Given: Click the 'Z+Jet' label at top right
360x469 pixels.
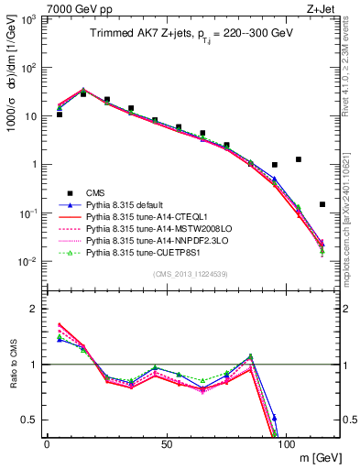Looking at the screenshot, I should click(x=322, y=8).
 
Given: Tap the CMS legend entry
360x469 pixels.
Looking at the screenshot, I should click(x=95, y=192).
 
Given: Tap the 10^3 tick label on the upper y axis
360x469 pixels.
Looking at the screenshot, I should click(x=30, y=19).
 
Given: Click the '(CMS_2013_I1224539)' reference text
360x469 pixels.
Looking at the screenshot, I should click(x=192, y=273).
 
